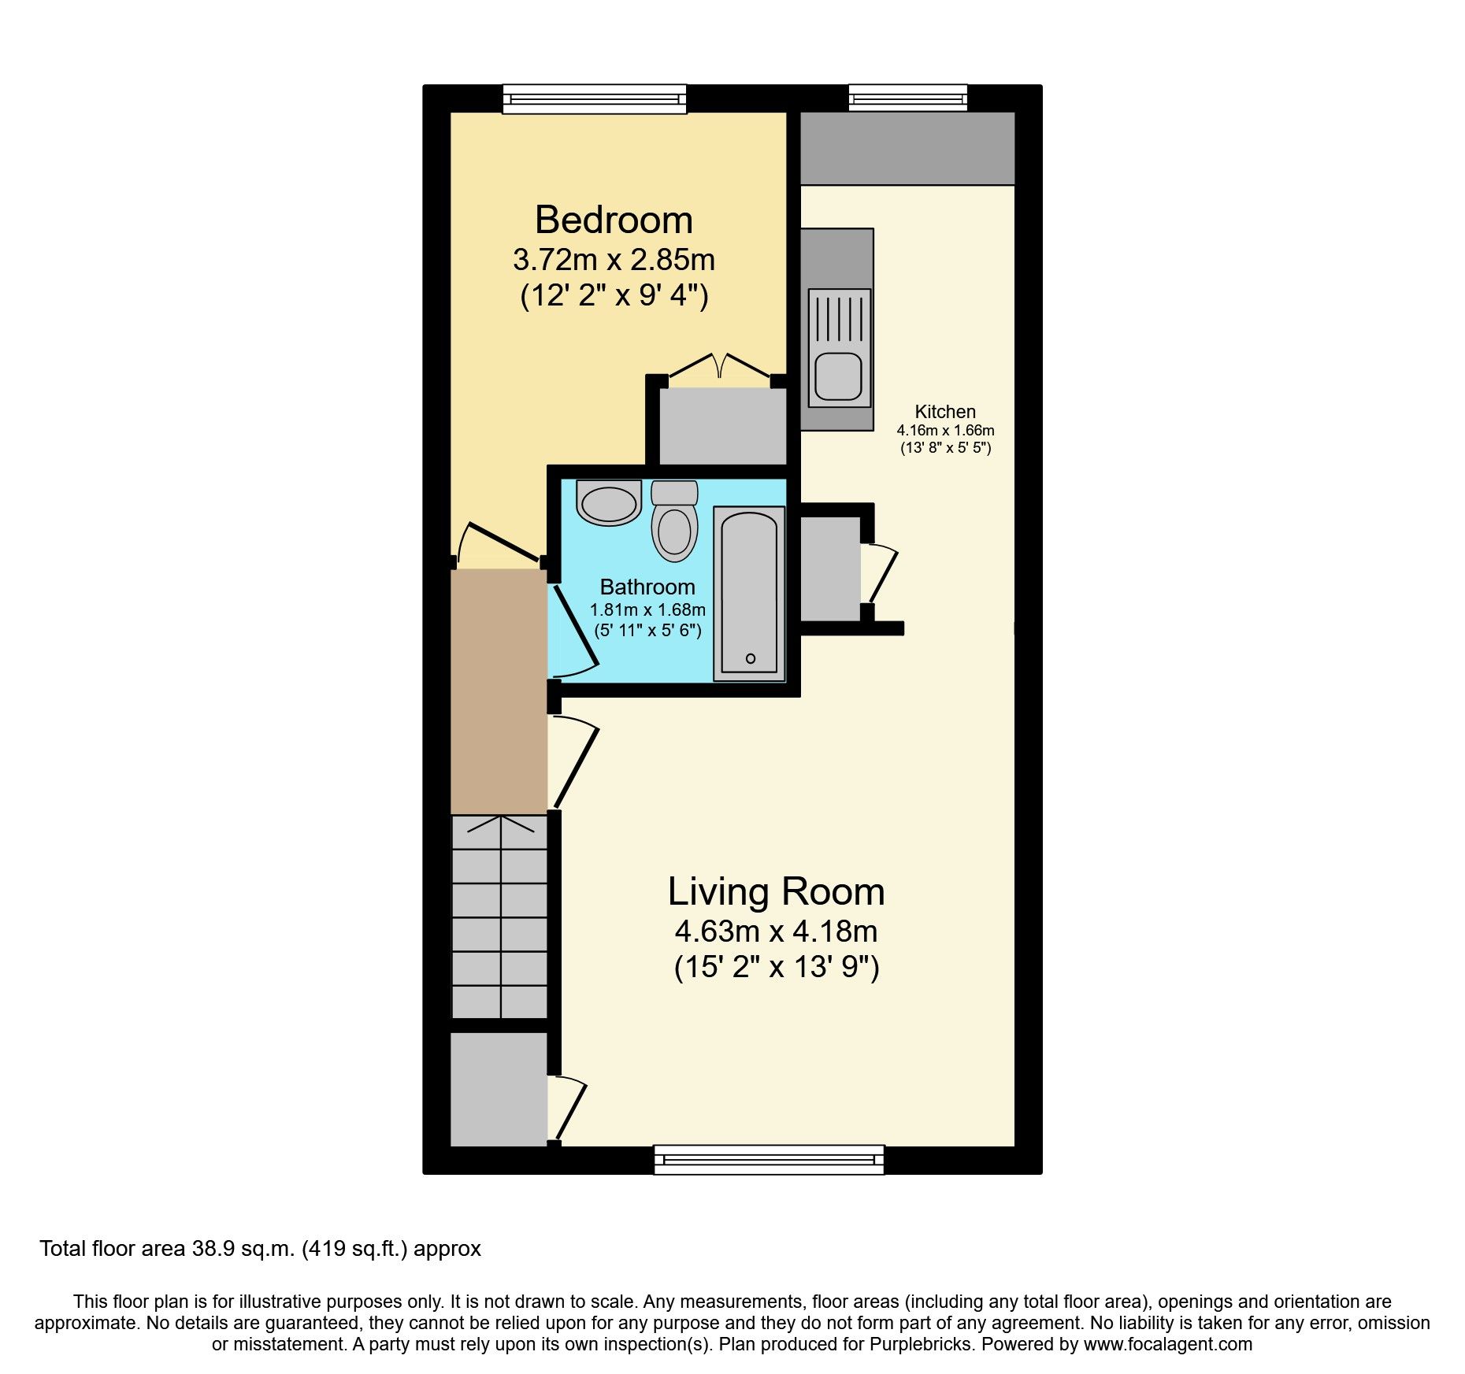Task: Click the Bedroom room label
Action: [614, 220]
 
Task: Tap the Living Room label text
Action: [776, 891]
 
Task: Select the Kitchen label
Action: [944, 412]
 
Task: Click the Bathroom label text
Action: [647, 587]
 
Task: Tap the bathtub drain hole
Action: [750, 658]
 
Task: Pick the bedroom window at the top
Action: [595, 99]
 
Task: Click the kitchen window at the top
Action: [907, 98]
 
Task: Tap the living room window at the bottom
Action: [769, 1159]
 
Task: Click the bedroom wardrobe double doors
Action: [719, 368]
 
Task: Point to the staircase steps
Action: [499, 917]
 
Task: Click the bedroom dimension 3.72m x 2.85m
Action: [614, 259]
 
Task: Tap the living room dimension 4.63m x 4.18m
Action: [776, 931]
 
